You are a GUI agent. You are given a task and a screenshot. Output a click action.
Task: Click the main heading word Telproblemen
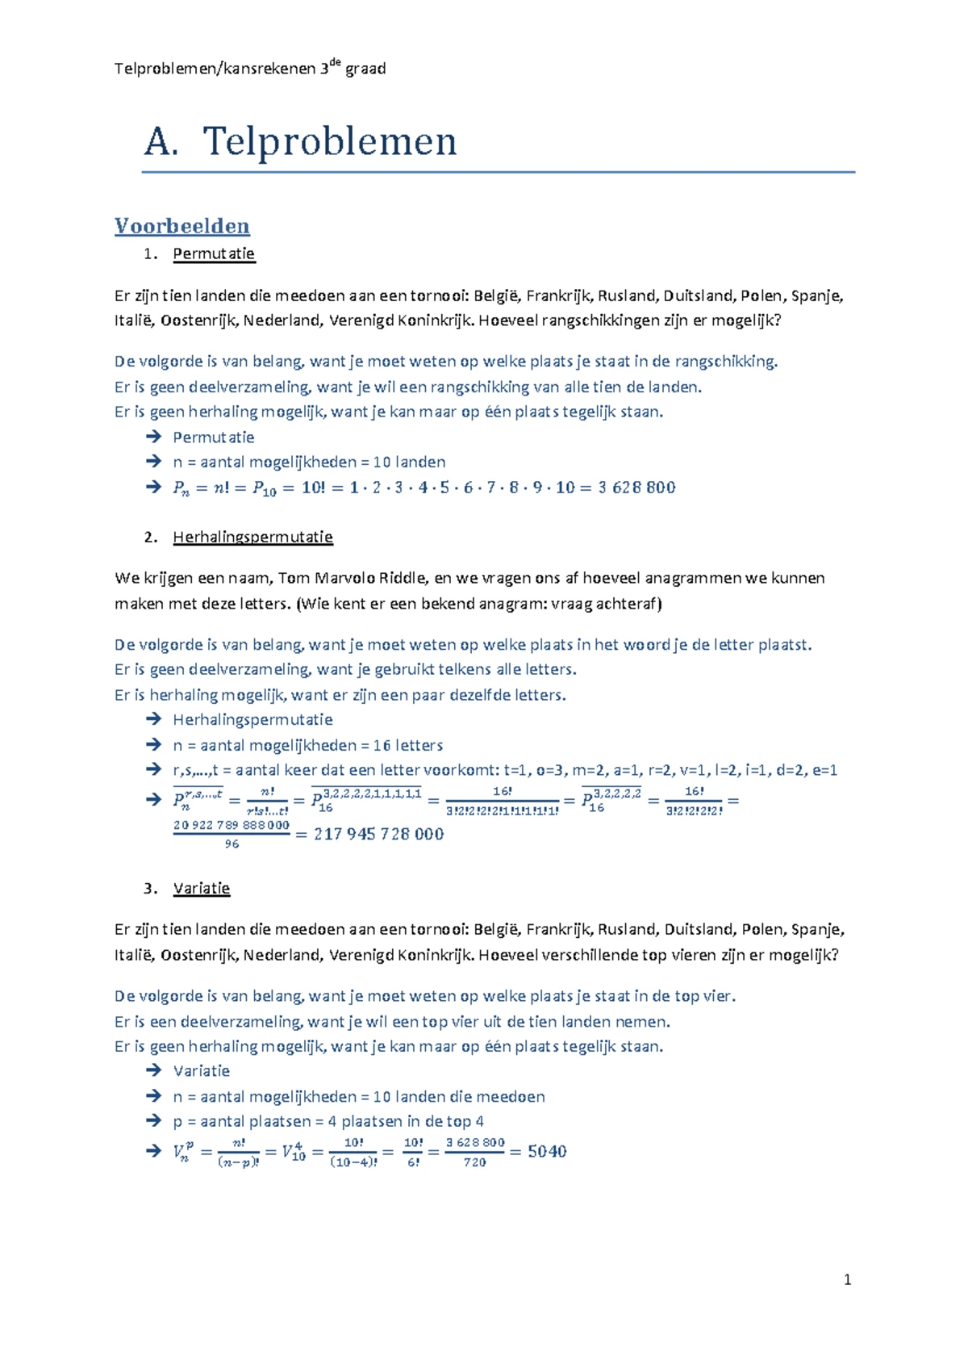click(x=329, y=142)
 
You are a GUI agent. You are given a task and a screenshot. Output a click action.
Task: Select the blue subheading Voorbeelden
click(x=181, y=226)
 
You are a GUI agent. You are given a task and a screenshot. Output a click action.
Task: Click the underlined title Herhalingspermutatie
click(x=252, y=537)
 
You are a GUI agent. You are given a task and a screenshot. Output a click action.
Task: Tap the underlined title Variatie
click(x=201, y=888)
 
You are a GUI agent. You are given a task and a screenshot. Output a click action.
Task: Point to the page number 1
click(x=847, y=1279)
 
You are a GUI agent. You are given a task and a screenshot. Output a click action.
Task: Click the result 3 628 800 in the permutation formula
click(x=636, y=488)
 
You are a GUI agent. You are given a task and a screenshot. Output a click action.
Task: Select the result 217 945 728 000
click(x=378, y=834)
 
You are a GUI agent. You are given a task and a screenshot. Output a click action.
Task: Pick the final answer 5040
click(x=547, y=1151)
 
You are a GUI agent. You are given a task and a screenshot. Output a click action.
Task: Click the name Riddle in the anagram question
click(x=403, y=578)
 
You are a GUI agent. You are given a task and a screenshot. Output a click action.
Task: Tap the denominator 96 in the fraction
click(x=232, y=844)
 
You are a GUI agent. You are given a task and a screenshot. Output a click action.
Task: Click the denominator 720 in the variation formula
click(x=474, y=1162)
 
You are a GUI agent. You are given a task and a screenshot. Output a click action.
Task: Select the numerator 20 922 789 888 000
click(x=231, y=824)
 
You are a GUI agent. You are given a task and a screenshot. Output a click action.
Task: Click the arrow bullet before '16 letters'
click(x=153, y=744)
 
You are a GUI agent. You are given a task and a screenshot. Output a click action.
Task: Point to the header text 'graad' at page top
click(x=365, y=69)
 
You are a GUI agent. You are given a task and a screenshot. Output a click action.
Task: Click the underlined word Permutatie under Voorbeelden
click(x=214, y=253)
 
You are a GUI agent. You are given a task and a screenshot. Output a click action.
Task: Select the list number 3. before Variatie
click(x=149, y=888)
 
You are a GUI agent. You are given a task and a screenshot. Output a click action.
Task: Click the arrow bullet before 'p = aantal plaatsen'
click(x=153, y=1120)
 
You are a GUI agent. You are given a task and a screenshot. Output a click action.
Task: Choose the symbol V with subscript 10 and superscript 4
click(x=294, y=1151)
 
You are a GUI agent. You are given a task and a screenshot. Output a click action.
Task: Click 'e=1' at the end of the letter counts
click(x=824, y=770)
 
